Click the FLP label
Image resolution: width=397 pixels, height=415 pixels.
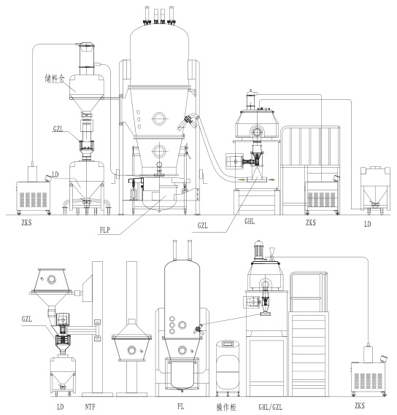105,230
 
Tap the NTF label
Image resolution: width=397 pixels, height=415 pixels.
90,406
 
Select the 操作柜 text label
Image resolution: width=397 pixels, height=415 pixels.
226,407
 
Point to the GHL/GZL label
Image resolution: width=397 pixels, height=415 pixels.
270,407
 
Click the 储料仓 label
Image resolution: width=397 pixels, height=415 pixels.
54,78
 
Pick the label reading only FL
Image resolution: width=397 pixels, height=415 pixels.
181,406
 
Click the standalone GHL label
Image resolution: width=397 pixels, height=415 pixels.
250,221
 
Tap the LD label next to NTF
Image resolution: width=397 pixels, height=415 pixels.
61,407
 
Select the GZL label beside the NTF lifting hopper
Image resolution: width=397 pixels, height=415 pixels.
27,319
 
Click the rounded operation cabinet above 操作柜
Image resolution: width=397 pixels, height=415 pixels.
228,367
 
